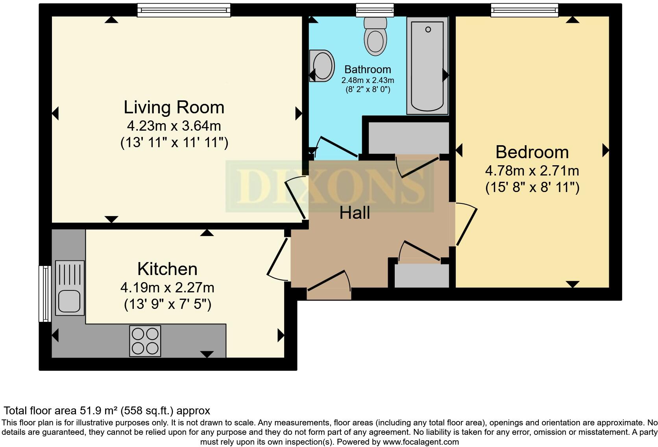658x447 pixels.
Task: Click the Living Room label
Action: pos(174,107)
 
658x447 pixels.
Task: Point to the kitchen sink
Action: pos(70,288)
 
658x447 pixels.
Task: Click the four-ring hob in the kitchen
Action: pos(145,341)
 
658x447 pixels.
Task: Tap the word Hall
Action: pos(355,213)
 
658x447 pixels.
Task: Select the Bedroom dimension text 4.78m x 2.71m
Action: pos(532,171)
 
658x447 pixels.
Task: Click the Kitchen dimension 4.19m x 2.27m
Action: pos(167,288)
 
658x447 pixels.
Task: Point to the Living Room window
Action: pos(184,10)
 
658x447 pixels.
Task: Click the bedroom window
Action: pos(524,10)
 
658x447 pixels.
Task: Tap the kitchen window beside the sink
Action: pos(45,294)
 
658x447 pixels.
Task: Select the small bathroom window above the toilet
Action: pos(375,10)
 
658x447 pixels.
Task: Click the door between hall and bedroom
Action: pos(466,224)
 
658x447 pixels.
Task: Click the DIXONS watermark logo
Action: pos(330,186)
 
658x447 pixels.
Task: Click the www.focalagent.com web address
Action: pos(421,442)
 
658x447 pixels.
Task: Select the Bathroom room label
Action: pos(368,70)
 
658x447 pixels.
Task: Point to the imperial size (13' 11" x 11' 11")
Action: pos(174,142)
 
